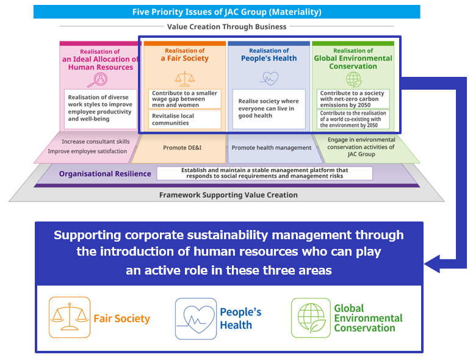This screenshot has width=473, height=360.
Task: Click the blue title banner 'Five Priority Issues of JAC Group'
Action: [x=227, y=12]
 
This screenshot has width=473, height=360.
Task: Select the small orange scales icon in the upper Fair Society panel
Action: [x=184, y=77]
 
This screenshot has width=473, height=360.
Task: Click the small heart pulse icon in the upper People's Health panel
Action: [x=269, y=78]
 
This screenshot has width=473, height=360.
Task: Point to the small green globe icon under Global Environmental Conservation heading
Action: [x=353, y=79]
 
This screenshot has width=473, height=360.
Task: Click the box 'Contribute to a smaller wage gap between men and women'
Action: [x=185, y=99]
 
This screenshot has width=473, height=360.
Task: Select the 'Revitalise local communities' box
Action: [x=185, y=119]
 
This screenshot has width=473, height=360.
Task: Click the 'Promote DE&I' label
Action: [x=182, y=148]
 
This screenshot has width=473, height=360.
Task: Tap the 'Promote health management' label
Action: [x=272, y=148]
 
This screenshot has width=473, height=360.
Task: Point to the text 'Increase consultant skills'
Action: [x=95, y=142]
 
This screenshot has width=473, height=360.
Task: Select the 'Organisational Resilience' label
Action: [x=105, y=174]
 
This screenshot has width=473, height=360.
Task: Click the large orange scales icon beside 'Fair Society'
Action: [x=70, y=317]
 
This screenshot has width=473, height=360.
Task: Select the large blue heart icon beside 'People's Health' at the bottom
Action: [x=196, y=318]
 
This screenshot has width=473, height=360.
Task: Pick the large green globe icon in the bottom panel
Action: [x=311, y=317]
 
